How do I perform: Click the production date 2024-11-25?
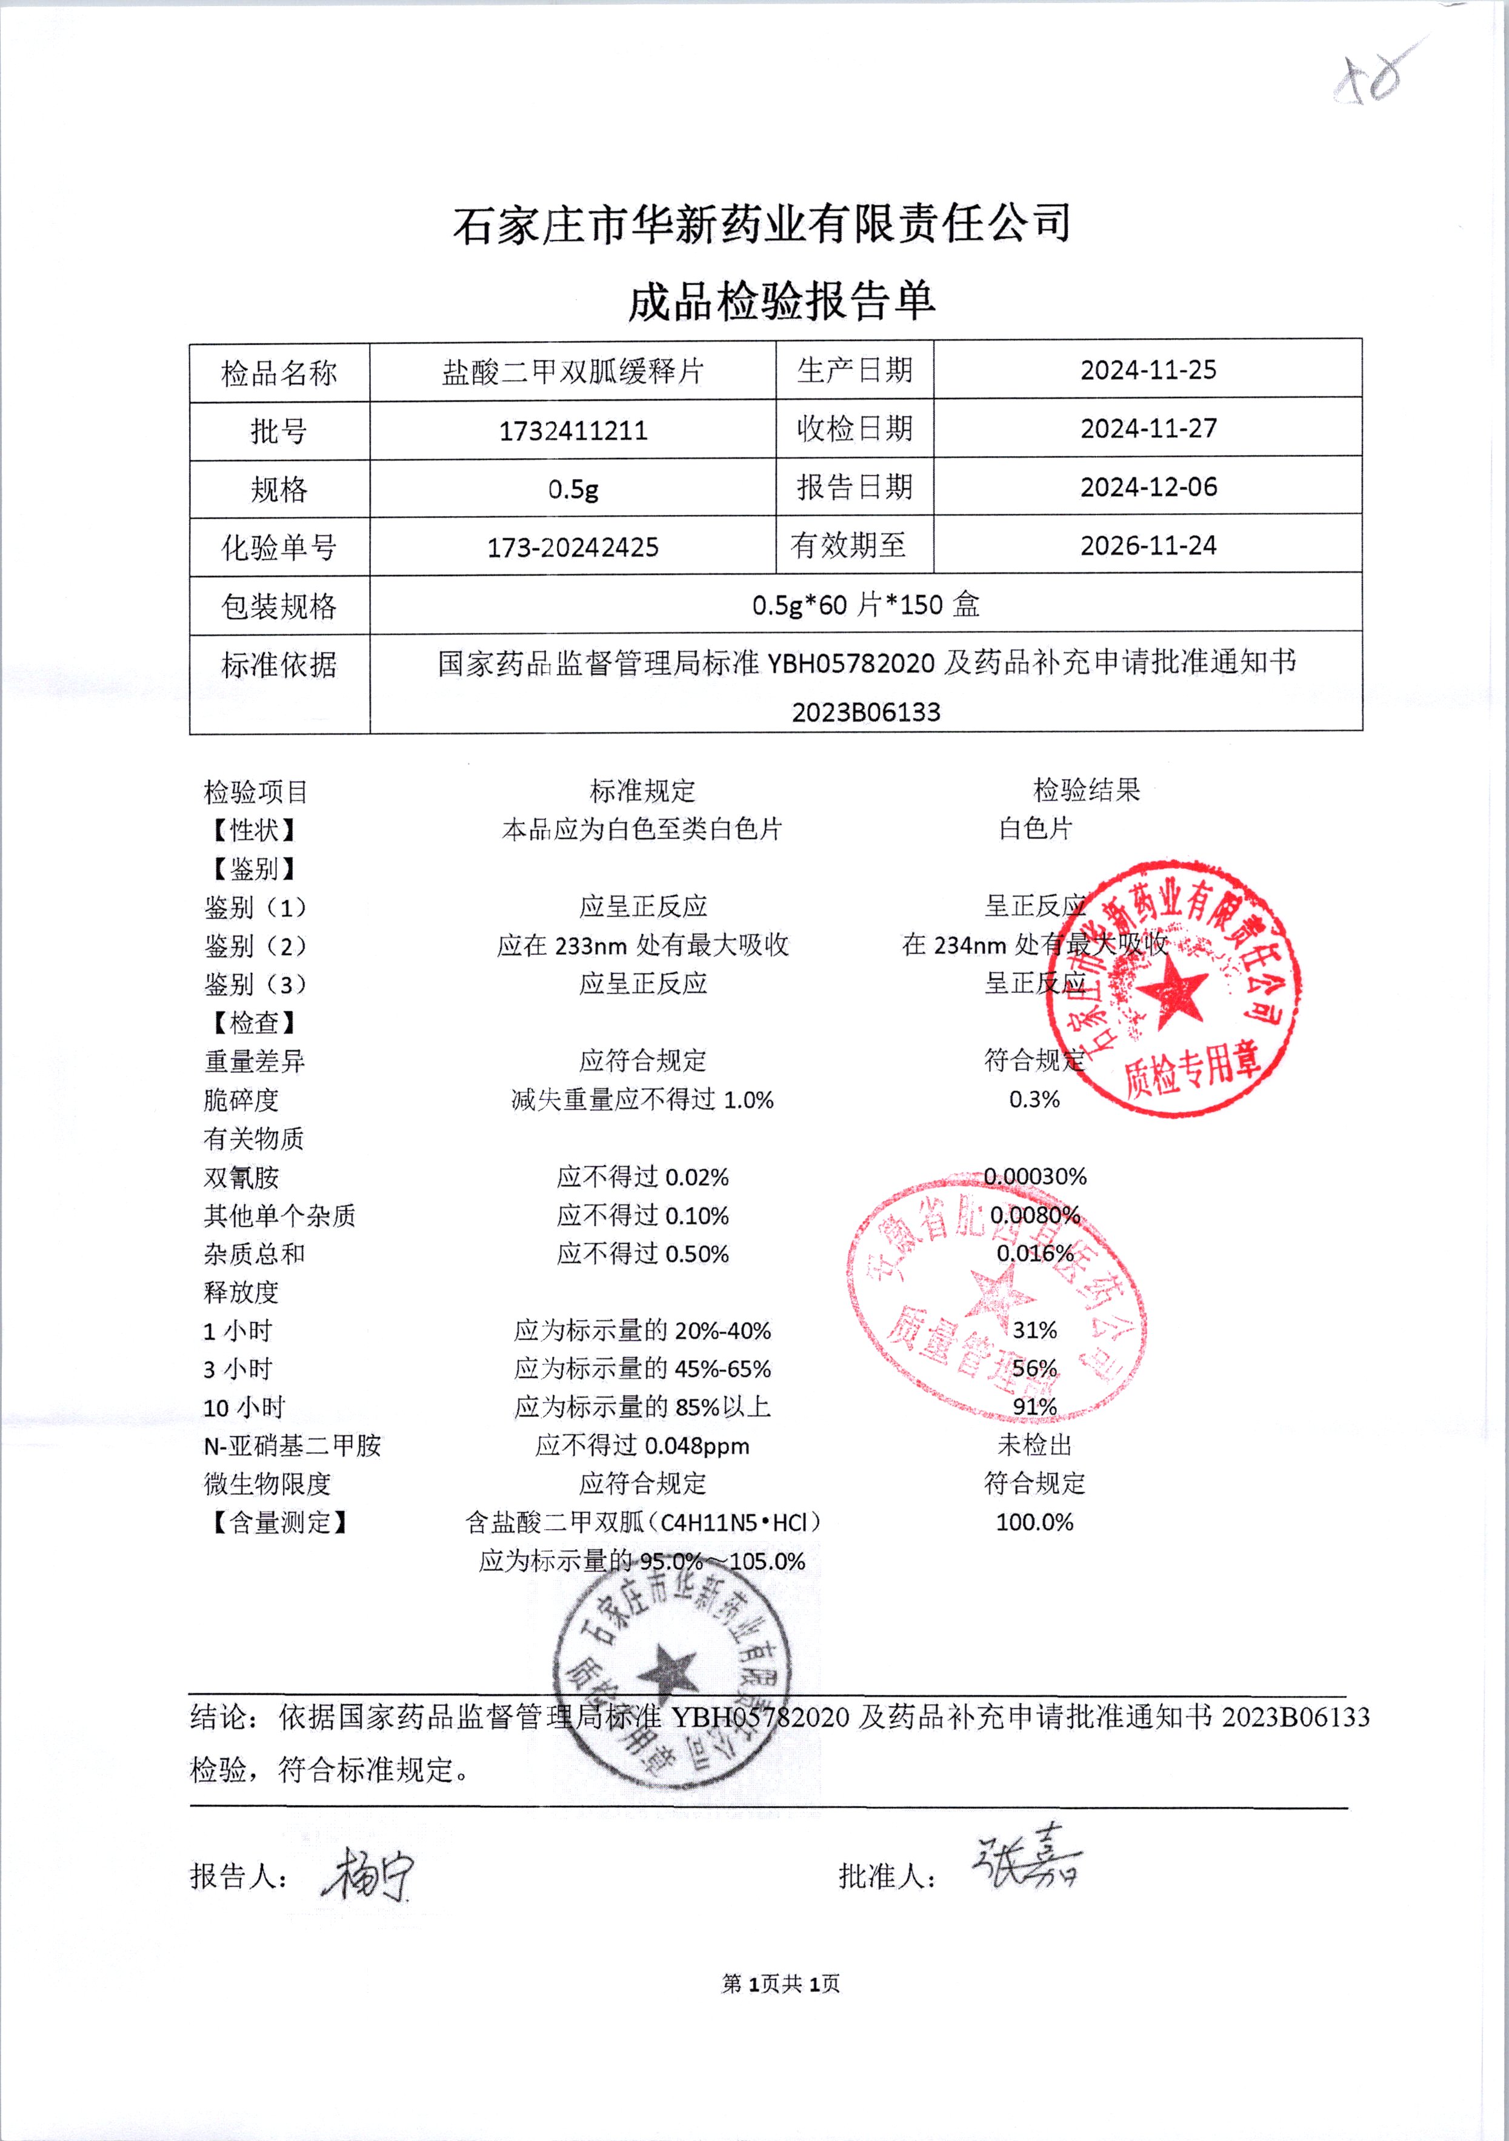point(1148,370)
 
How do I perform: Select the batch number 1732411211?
point(573,431)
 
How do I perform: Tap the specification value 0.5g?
point(573,489)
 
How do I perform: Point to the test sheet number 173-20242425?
point(573,548)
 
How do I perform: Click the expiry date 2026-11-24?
point(1148,545)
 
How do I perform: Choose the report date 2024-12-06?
point(1148,486)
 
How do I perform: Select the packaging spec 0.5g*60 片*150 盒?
point(865,605)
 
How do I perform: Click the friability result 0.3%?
point(1034,1100)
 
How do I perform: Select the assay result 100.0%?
point(1034,1522)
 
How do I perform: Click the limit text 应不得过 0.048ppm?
point(642,1446)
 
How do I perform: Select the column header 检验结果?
point(1087,791)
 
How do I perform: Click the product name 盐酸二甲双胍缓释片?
point(573,371)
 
